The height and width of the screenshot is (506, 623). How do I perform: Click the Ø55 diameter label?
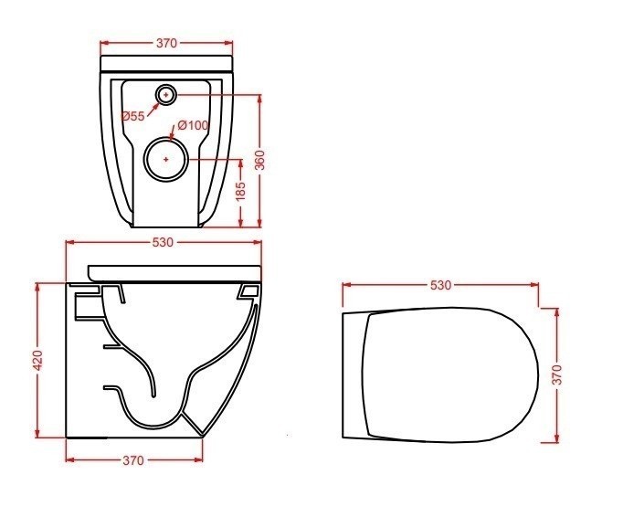tap(133, 116)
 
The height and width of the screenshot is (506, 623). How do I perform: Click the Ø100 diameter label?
tap(193, 125)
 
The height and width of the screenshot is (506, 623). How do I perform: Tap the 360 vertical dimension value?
tap(259, 160)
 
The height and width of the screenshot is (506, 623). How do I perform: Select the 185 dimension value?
tap(240, 192)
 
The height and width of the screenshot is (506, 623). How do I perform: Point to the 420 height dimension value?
tap(37, 360)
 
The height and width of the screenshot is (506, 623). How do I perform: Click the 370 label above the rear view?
tap(166, 43)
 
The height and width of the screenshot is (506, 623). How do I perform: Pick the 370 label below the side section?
tap(133, 460)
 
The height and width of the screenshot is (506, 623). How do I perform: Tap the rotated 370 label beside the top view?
tap(557, 374)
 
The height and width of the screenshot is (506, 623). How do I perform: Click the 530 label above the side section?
tap(163, 242)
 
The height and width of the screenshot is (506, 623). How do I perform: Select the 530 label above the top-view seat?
tap(440, 285)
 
